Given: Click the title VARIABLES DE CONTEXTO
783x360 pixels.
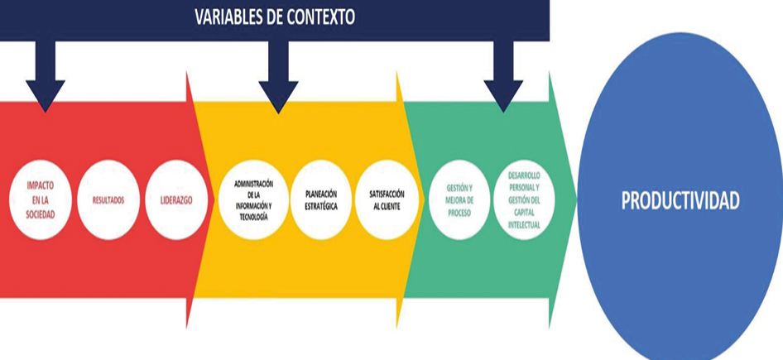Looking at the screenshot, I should pyautogui.click(x=275, y=17).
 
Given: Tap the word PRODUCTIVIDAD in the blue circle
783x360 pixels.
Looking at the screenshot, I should pyautogui.click(x=680, y=201).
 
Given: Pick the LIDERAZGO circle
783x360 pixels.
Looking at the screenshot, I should pyautogui.click(x=176, y=201).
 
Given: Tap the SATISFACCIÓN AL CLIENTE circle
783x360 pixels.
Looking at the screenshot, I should pyautogui.click(x=384, y=200).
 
